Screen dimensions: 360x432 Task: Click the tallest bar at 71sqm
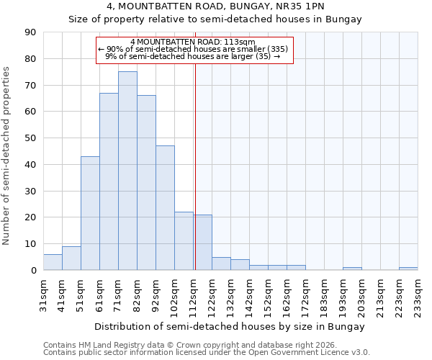point(127,171)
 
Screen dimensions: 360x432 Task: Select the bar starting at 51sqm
point(90,213)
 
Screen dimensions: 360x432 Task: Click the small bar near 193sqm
point(352,269)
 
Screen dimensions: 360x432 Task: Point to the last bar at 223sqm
point(408,269)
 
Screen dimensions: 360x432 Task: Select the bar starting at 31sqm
point(53,262)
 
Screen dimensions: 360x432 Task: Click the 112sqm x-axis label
point(193,294)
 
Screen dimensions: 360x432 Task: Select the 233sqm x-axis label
point(418,294)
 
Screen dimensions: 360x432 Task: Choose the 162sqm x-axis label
point(287,294)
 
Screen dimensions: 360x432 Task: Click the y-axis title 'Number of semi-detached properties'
point(7,155)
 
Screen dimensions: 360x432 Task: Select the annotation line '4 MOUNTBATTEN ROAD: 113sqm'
point(193,42)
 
